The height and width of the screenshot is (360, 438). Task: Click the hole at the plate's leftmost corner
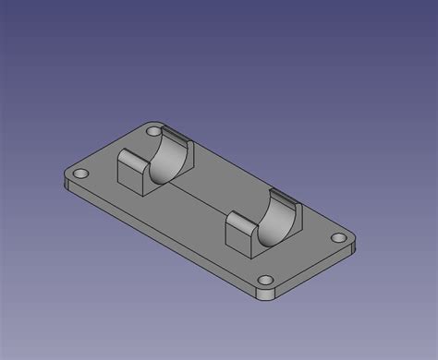tap(80, 173)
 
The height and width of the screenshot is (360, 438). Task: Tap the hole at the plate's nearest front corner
tap(267, 279)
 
